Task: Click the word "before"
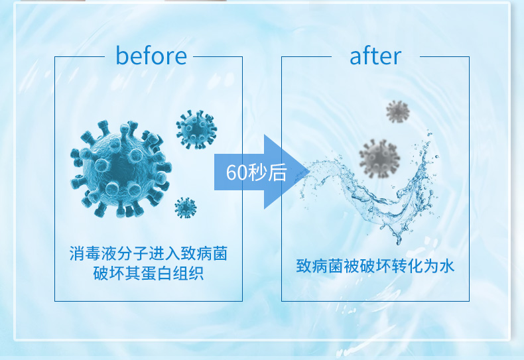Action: click(x=151, y=56)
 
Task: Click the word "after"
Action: click(x=375, y=56)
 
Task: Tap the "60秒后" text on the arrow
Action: click(x=256, y=172)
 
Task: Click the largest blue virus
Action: click(x=121, y=168)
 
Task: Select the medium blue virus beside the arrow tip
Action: click(x=196, y=129)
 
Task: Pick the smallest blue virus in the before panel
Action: click(x=186, y=208)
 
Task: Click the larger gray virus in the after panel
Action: click(x=379, y=158)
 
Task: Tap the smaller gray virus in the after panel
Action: click(x=398, y=111)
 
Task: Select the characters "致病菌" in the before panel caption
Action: click(x=204, y=253)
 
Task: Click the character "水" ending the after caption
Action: click(x=447, y=266)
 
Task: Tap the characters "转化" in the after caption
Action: click(x=407, y=266)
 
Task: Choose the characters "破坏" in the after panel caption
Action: click(x=375, y=266)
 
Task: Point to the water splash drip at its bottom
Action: click(x=399, y=242)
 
